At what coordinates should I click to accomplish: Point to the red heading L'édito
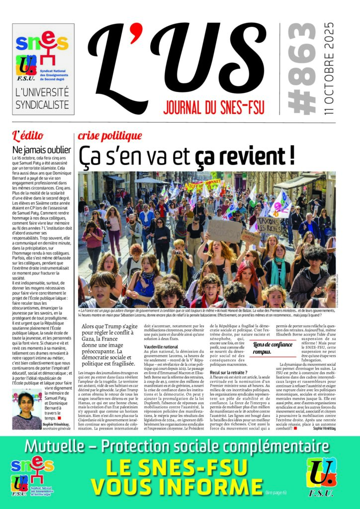click(28, 135)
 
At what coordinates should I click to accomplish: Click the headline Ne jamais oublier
click(42, 150)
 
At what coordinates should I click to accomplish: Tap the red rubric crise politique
click(110, 135)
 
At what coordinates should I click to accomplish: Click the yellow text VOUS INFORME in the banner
click(177, 487)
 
